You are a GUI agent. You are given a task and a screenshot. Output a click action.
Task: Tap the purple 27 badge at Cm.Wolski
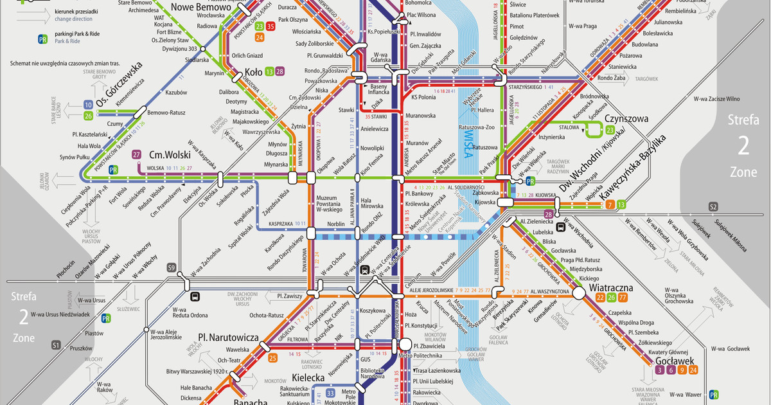click(136, 155)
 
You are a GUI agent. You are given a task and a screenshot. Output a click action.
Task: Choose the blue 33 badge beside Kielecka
click(330, 393)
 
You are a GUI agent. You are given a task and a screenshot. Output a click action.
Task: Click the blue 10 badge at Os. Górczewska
click(88, 105)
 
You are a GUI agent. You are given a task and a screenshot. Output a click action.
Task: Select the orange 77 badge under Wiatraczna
click(623, 297)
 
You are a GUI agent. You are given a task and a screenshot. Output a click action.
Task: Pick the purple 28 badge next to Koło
click(279, 71)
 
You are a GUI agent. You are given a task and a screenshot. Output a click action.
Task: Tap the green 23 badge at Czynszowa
click(609, 130)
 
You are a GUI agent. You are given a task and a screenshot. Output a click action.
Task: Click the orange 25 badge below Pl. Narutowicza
click(273, 357)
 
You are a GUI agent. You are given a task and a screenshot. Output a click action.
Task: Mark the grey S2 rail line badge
click(713, 206)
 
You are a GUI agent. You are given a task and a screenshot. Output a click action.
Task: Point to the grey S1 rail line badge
click(56, 345)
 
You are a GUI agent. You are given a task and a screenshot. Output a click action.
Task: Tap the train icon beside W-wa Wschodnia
click(560, 226)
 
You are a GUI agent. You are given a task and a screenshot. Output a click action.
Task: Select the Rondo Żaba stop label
click(611, 78)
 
